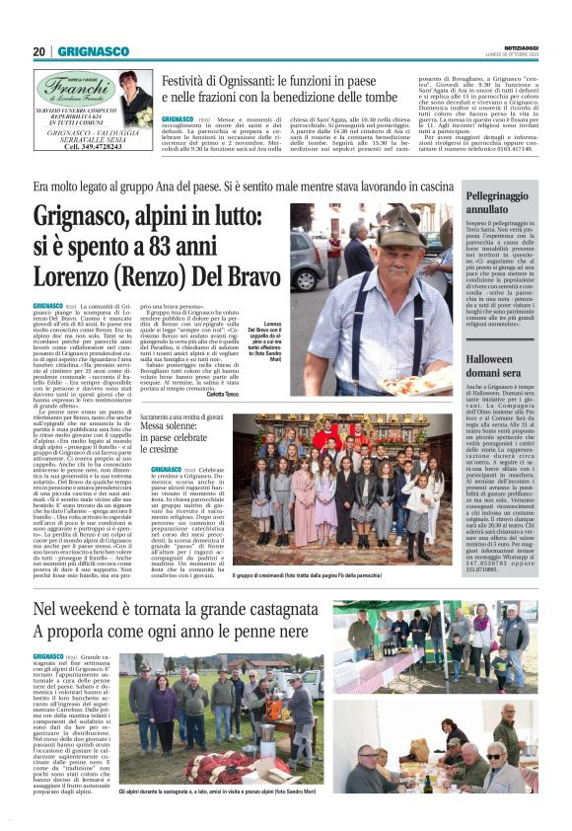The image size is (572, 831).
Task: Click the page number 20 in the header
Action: [39, 50]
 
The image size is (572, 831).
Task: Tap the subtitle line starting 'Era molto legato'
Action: [247, 187]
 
